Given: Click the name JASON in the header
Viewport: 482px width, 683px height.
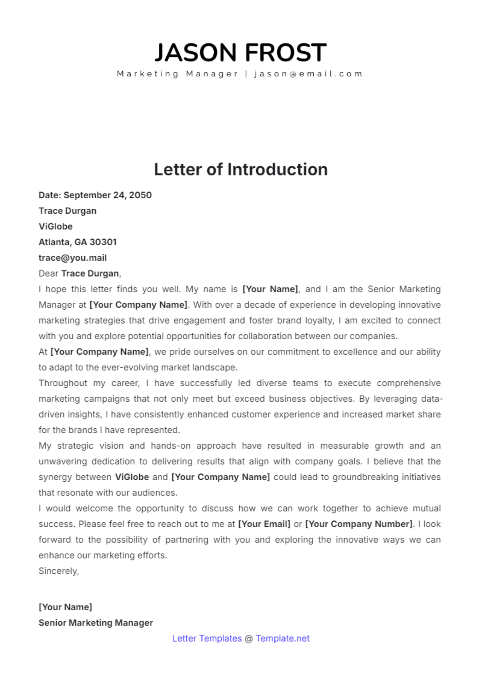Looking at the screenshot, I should point(196,53).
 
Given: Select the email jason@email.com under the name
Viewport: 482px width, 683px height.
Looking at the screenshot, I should point(308,74).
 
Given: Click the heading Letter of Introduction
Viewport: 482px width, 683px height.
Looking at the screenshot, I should point(241,169).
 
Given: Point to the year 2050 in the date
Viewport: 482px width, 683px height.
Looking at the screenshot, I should point(140,195).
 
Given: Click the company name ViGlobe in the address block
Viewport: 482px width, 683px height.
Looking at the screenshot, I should point(55,226).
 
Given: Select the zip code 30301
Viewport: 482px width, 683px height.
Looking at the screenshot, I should point(103,242).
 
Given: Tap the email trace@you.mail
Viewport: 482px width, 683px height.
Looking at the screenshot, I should point(72,258).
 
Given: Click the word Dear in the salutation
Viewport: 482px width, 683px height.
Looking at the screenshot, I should point(48,273).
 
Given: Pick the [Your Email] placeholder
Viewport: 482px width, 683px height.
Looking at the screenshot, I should point(264,524).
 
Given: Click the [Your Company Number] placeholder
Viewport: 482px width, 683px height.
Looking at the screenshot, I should point(359,524).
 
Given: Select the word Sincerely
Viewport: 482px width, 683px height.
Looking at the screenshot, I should point(58,571).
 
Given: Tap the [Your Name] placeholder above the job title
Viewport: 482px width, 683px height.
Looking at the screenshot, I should point(65,607).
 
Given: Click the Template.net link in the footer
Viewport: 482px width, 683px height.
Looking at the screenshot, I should point(282,638).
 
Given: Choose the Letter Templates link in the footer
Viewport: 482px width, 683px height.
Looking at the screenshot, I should point(207,638).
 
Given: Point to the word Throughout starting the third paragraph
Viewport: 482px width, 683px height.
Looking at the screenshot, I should point(63,383).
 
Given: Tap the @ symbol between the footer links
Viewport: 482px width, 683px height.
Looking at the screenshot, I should point(249,638).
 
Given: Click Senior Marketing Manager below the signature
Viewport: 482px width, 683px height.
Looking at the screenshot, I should point(96,623).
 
